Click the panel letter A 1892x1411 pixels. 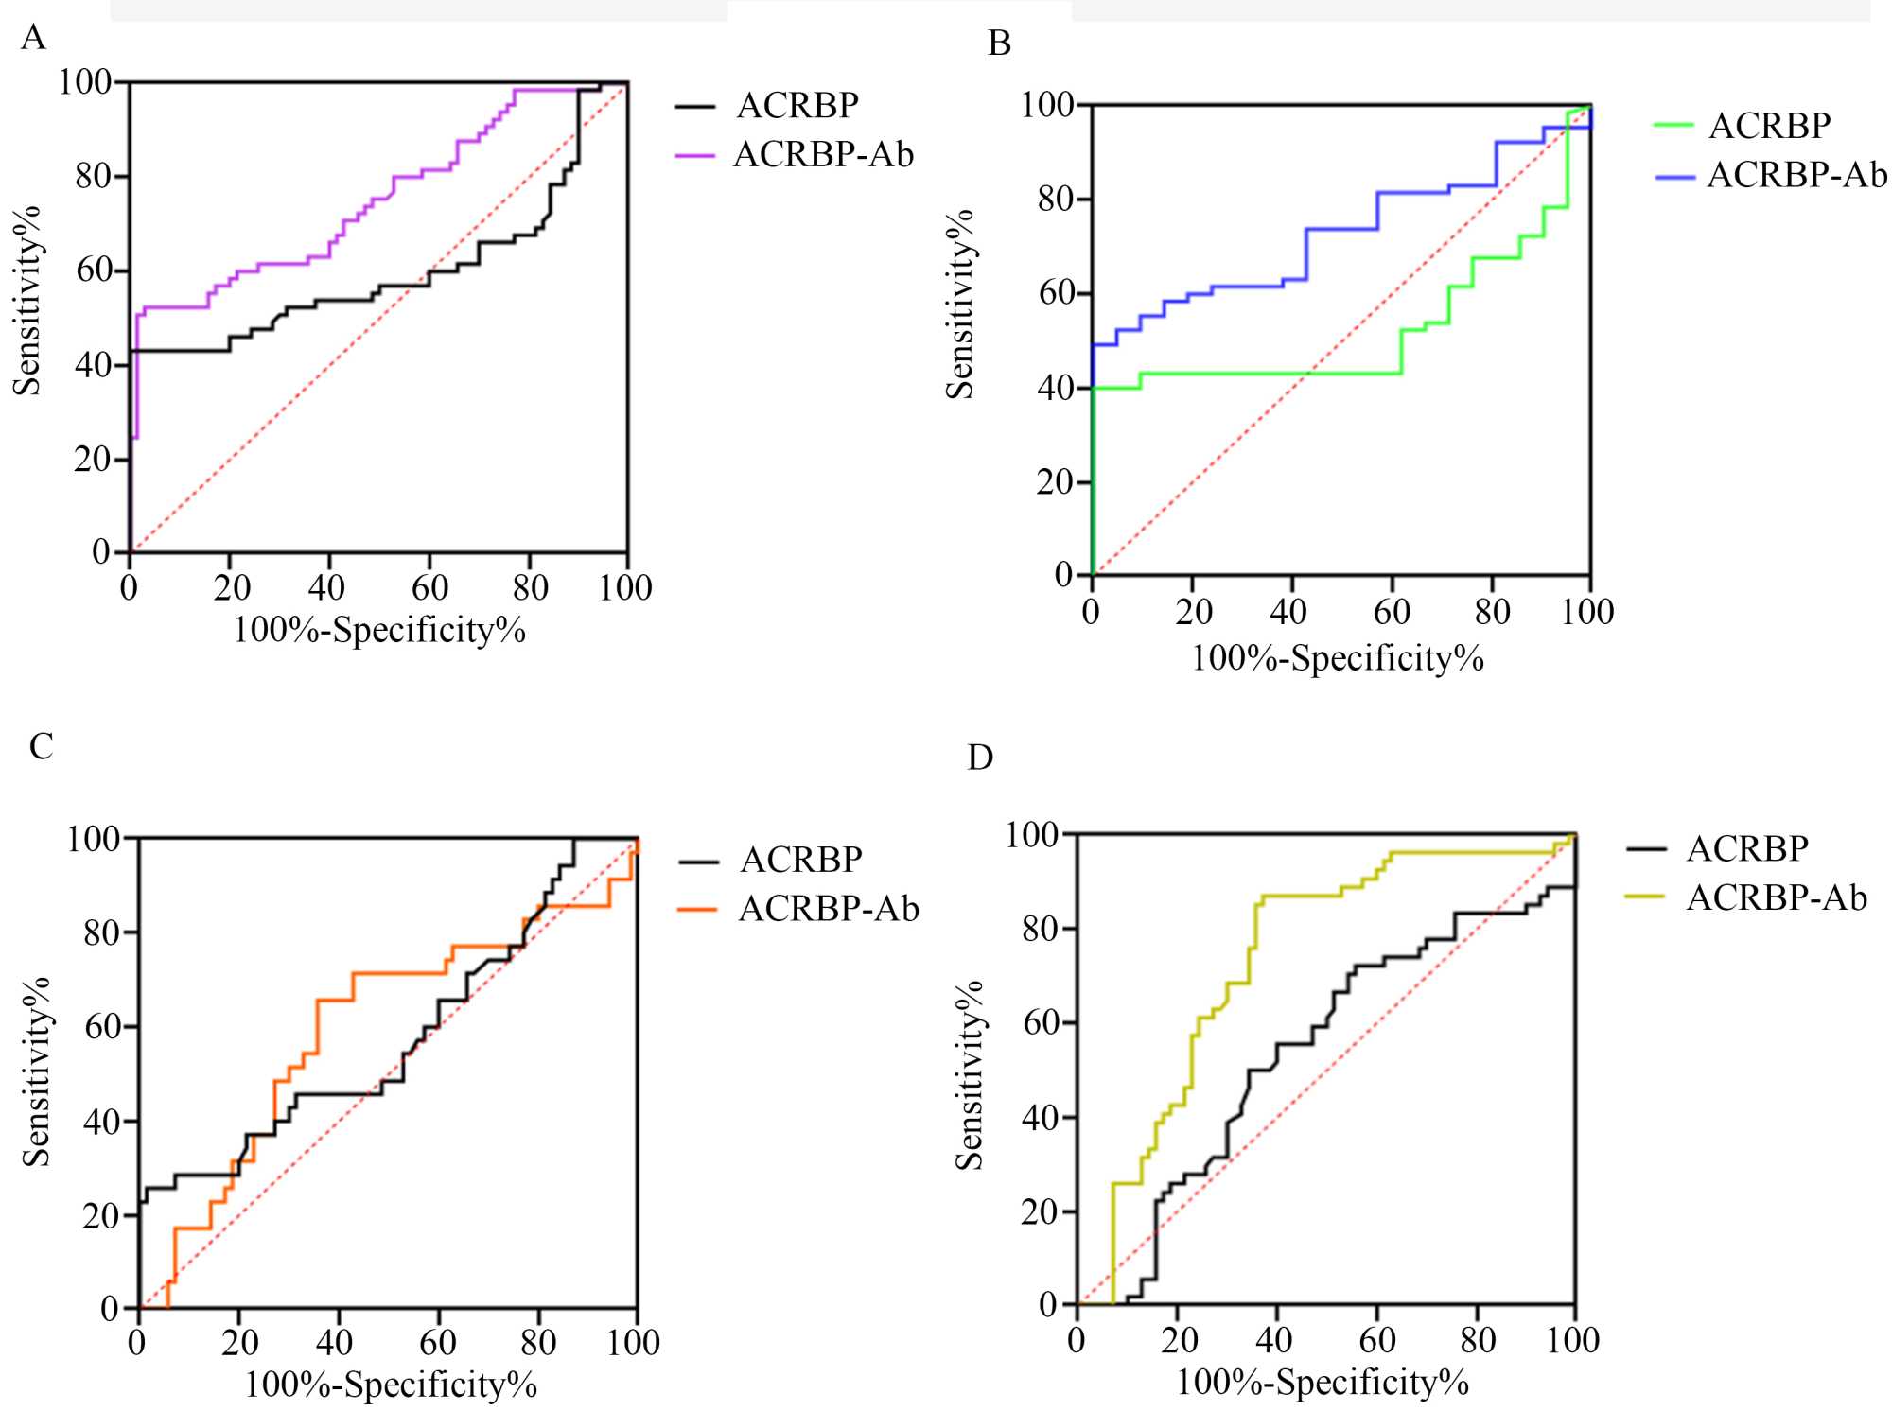[x=33, y=38]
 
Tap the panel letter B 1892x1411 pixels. [x=999, y=44]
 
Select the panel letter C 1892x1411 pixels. [x=41, y=747]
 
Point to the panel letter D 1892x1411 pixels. [x=980, y=758]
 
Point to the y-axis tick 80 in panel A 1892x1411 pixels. [x=94, y=176]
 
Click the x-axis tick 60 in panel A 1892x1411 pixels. [x=429, y=588]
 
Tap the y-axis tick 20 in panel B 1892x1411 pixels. [x=1056, y=482]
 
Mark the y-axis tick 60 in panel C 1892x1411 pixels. [x=103, y=1027]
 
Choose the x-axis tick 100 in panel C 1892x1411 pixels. [x=634, y=1343]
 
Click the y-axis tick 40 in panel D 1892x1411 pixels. [x=1041, y=1118]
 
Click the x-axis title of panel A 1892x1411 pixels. [x=379, y=631]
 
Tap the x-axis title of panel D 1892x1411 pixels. [x=1322, y=1384]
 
